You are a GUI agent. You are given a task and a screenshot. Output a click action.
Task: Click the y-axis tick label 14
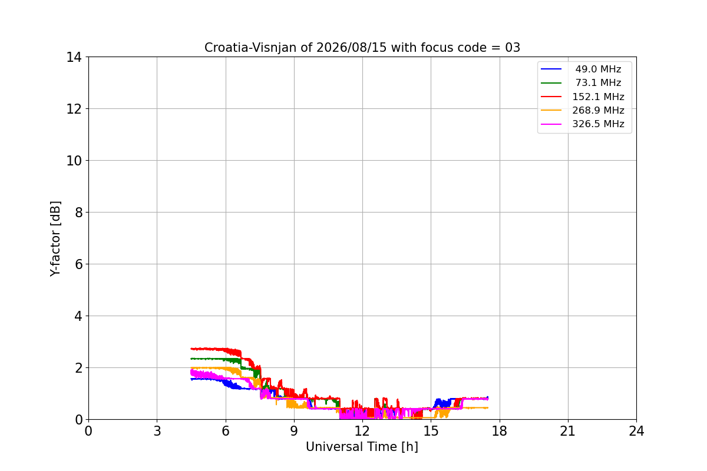click(74, 58)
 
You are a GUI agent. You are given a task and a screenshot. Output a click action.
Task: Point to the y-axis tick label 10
click(74, 161)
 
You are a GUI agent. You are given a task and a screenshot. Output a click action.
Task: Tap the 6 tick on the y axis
click(78, 264)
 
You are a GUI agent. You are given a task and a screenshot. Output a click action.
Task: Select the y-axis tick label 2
click(78, 368)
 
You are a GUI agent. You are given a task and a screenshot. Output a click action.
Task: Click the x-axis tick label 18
click(500, 431)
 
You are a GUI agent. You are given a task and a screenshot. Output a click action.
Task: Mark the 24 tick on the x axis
click(636, 431)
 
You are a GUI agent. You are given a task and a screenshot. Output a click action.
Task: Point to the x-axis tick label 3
click(157, 431)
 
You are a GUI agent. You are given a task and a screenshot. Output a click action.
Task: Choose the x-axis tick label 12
click(362, 431)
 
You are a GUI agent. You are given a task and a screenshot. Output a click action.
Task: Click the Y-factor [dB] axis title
click(55, 239)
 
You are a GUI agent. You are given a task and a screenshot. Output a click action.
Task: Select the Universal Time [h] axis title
click(362, 447)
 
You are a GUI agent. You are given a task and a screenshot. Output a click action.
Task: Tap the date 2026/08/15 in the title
click(352, 48)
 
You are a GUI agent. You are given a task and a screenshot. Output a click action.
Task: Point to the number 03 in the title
click(513, 48)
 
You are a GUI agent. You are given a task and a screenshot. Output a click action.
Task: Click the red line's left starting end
click(191, 349)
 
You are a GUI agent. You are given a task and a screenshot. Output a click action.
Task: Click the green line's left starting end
click(191, 359)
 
